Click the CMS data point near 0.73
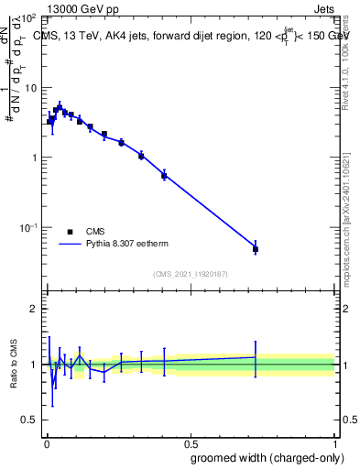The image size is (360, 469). click(x=256, y=249)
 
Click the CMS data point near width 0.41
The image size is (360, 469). click(x=164, y=175)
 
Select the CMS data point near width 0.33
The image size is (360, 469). click(x=141, y=156)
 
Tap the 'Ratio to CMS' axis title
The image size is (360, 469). click(x=14, y=364)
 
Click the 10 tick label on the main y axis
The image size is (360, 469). click(x=28, y=88)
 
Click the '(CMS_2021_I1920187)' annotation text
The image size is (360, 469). click(x=190, y=273)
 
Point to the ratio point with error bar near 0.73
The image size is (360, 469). click(x=256, y=357)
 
